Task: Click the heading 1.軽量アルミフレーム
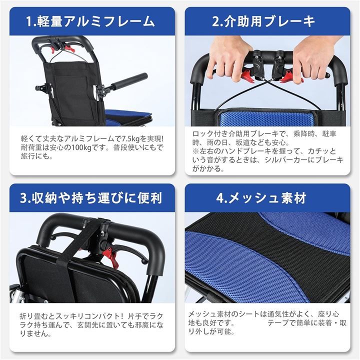pos(90,21)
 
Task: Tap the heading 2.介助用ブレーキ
pos(263,21)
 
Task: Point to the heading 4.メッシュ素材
pos(261,197)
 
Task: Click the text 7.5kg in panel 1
pos(130,138)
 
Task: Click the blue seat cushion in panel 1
pos(128,114)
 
